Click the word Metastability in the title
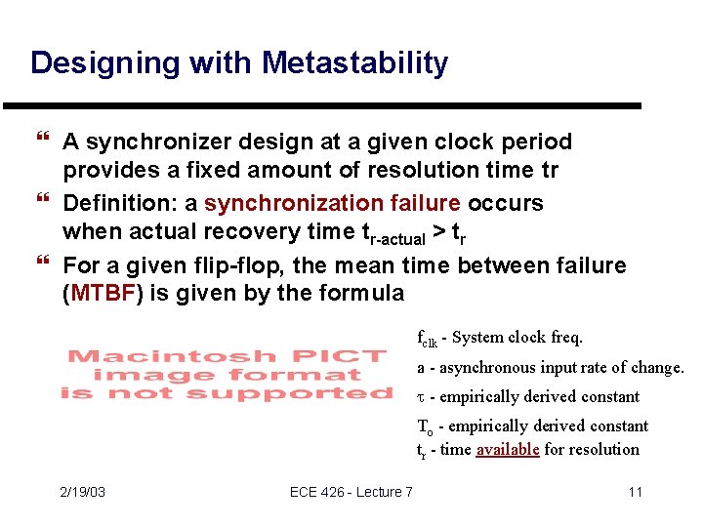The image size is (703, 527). [x=352, y=63]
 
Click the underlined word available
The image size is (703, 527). [x=507, y=449]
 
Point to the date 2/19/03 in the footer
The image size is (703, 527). [x=81, y=492]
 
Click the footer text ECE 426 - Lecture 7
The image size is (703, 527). [x=351, y=492]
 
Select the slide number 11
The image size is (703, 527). [x=635, y=492]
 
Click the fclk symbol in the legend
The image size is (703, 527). [x=427, y=339]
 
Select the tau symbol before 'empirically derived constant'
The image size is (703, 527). [x=421, y=397]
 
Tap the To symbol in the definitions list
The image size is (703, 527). [x=425, y=426]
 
